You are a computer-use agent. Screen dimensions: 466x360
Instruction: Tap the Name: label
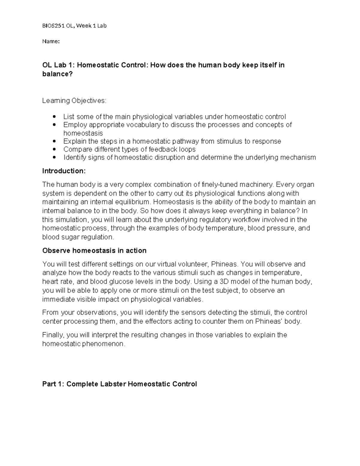(51, 41)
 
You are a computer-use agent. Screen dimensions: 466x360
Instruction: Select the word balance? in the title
(57, 74)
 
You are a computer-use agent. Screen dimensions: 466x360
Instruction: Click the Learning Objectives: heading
(74, 101)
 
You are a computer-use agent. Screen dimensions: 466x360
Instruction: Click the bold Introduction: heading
(64, 171)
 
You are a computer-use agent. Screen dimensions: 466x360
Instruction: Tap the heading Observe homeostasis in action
(94, 251)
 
